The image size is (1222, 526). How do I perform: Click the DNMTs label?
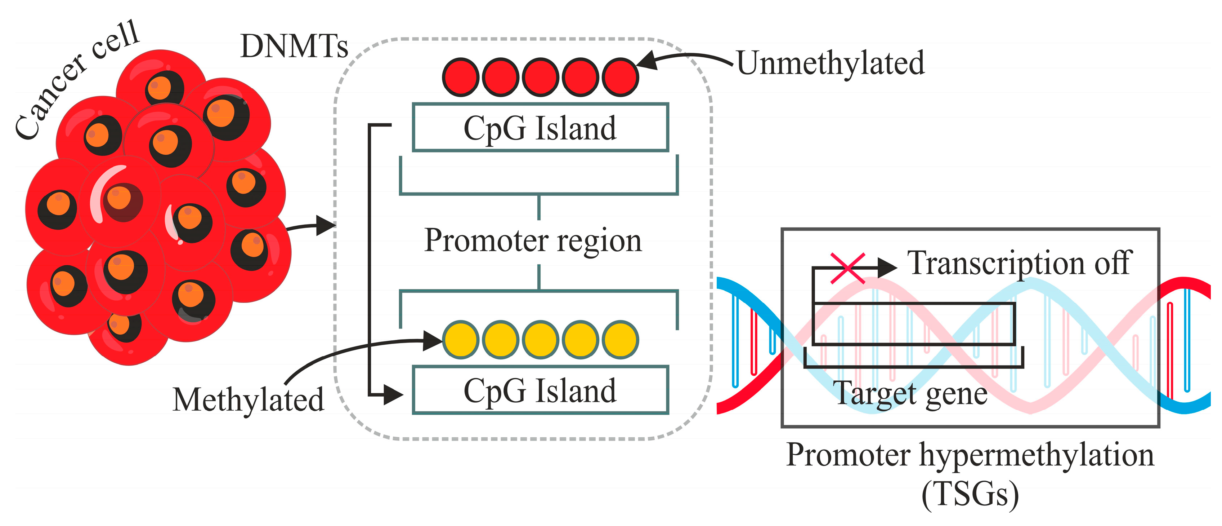(x=294, y=47)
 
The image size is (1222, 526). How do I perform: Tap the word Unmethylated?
(x=830, y=63)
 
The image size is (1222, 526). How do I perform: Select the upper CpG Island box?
(x=540, y=128)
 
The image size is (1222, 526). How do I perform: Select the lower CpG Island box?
(x=540, y=390)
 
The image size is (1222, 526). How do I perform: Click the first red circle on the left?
(x=460, y=77)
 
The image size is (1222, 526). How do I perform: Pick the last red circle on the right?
(x=620, y=77)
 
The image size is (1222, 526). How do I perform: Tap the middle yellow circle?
(x=540, y=340)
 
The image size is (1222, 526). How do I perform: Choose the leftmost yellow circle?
(x=460, y=340)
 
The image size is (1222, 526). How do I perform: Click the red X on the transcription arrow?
(x=848, y=268)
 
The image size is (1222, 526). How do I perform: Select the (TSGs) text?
(x=970, y=495)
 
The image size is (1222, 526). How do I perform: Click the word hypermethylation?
(x=1037, y=455)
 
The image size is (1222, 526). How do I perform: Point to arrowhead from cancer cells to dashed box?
(x=326, y=225)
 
